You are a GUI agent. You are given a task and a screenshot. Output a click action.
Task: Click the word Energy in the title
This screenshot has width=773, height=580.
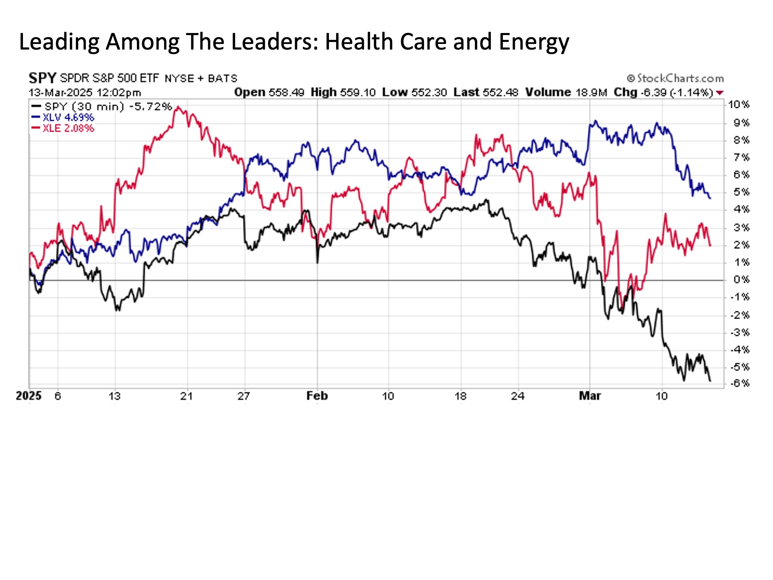tap(534, 42)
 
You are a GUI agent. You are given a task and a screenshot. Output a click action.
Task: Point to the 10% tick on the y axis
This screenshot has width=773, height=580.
tap(738, 105)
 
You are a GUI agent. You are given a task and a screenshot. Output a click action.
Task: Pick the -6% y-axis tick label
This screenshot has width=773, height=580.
tap(739, 383)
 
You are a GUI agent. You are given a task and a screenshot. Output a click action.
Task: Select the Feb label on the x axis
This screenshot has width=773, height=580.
tap(317, 396)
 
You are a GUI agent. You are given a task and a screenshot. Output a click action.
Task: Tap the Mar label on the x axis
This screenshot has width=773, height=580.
tap(590, 396)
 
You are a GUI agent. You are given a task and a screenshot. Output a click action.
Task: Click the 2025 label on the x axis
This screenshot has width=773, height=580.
tap(29, 396)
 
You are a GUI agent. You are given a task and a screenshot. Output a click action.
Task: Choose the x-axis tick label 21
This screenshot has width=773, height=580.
tap(186, 396)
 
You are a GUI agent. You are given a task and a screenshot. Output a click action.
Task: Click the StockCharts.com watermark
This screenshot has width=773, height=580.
tap(675, 78)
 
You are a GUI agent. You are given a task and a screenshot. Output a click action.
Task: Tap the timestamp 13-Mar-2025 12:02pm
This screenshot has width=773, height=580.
tap(85, 93)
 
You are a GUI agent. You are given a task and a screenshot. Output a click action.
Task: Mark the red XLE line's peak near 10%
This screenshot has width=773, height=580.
tap(178, 108)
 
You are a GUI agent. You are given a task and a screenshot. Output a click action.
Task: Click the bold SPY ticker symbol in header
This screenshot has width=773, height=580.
tap(42, 78)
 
